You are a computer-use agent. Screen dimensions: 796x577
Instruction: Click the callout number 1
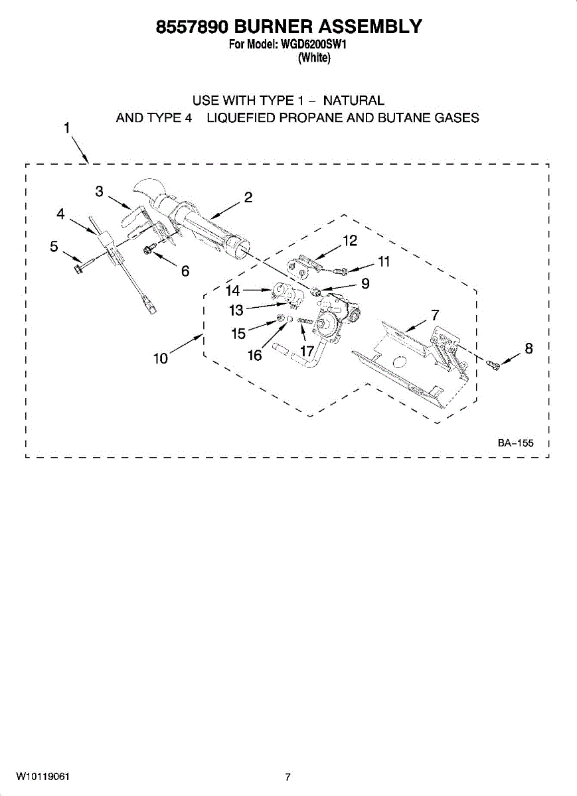click(67, 128)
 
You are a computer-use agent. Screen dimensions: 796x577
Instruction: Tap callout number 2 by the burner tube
click(248, 197)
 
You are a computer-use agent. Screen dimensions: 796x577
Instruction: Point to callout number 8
click(529, 348)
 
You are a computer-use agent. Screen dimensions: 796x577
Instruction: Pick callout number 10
click(161, 359)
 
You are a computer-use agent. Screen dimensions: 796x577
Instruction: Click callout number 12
click(350, 240)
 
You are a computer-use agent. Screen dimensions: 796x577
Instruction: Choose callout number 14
click(232, 290)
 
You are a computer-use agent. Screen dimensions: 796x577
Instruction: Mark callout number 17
click(307, 350)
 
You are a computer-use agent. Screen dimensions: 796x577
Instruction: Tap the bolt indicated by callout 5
click(78, 269)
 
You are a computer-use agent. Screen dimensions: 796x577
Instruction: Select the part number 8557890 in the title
click(193, 27)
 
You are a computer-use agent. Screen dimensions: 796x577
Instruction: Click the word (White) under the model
click(314, 58)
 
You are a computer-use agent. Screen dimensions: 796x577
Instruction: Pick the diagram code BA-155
click(515, 443)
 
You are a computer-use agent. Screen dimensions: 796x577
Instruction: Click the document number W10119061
click(43, 776)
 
